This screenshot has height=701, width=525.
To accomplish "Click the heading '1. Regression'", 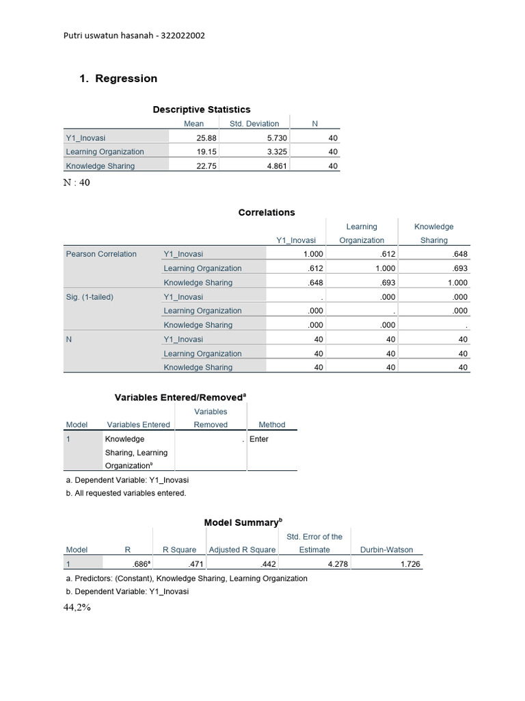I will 118,79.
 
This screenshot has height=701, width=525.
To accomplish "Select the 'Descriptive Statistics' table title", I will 201,110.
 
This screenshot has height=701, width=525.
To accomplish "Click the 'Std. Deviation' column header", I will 254,124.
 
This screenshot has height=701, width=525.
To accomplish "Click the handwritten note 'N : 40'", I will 77,183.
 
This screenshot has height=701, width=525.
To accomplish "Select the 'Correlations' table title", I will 267,212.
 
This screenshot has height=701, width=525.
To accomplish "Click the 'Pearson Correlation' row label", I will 101,254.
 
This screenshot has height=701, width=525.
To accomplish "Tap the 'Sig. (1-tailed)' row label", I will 90,297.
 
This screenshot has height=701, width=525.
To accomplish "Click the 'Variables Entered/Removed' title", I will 179,397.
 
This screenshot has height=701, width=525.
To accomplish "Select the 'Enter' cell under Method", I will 259,439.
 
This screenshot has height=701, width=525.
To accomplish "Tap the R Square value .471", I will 197,565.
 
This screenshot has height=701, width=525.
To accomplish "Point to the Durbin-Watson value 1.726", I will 411,565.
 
